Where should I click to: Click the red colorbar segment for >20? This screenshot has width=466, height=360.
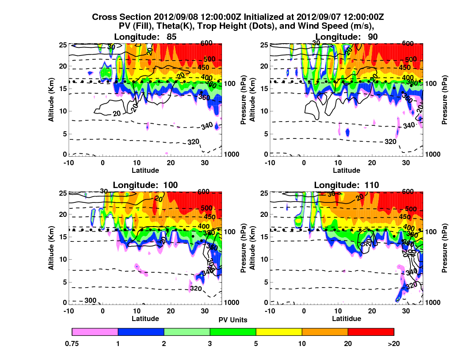click(x=371, y=332)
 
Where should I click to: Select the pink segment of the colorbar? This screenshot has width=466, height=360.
click(x=95, y=332)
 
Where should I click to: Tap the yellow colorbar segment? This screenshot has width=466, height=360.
click(x=279, y=332)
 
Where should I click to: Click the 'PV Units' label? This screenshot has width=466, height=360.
click(x=233, y=320)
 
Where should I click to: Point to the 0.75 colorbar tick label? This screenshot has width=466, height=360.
click(x=72, y=344)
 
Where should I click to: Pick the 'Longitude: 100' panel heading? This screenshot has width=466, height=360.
click(x=145, y=185)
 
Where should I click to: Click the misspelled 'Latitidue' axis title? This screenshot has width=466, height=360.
click(x=347, y=318)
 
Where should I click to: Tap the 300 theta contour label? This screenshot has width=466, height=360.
click(x=90, y=301)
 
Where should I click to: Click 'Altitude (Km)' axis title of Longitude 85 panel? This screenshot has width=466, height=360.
click(x=51, y=100)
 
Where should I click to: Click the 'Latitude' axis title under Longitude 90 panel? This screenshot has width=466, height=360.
click(x=347, y=170)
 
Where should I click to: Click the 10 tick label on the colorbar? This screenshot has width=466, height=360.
click(x=302, y=344)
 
